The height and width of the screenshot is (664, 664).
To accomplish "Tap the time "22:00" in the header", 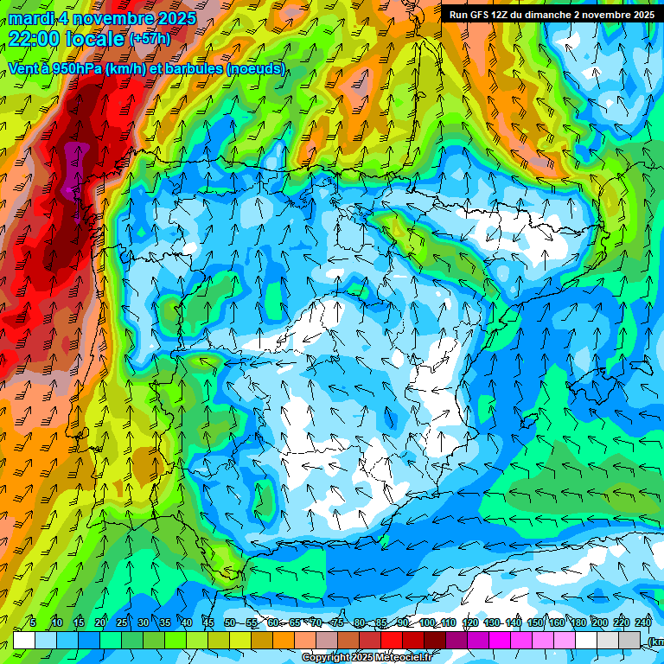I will coord(34,39).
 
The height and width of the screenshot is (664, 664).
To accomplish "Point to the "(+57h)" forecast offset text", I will coord(150,38).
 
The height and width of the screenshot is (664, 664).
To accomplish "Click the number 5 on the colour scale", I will coord(33,623).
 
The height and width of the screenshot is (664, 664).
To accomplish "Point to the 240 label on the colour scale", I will coord(642,623).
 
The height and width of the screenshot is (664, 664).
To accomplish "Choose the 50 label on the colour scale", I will coord(229,623).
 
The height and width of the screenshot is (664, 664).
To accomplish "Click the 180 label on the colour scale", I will coord(577,623).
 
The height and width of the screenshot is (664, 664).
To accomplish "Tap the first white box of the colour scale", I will coord(24,640).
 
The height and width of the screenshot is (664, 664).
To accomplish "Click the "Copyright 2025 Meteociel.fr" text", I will coord(367,658).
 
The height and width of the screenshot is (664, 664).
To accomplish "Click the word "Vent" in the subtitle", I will coord(23,68).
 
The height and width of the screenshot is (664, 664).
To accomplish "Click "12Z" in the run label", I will coord(507,14).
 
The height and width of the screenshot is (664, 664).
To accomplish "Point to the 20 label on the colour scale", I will coord(99,623).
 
